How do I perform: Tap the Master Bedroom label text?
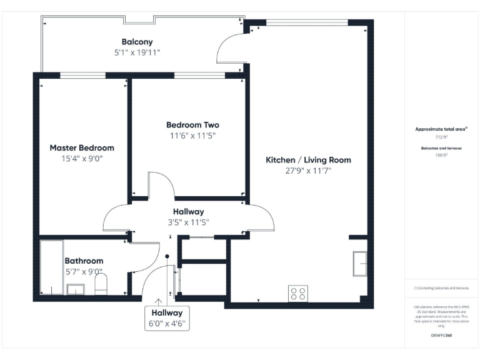click(82, 148)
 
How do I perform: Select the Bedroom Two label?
click(192, 124)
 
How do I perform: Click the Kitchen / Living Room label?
click(308, 160)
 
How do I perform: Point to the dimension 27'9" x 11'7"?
click(308, 171)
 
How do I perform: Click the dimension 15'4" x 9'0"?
click(82, 159)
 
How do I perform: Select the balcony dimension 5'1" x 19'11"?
click(137, 52)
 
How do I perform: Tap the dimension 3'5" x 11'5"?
click(189, 222)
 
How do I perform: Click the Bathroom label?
click(84, 261)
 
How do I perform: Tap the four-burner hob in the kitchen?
click(297, 293)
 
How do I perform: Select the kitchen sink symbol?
click(360, 263)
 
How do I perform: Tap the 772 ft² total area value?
click(442, 136)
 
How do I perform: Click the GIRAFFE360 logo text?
click(441, 336)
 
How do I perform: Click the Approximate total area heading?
click(441, 129)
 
